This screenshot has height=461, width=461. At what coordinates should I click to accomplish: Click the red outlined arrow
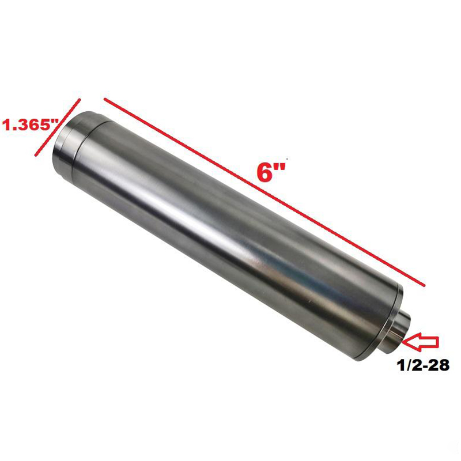[x=421, y=342]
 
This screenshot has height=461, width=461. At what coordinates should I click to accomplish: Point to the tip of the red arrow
[x=405, y=342]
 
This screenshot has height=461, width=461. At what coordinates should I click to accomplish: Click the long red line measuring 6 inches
[x=265, y=192]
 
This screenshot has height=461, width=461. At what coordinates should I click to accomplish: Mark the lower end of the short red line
[x=36, y=155]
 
